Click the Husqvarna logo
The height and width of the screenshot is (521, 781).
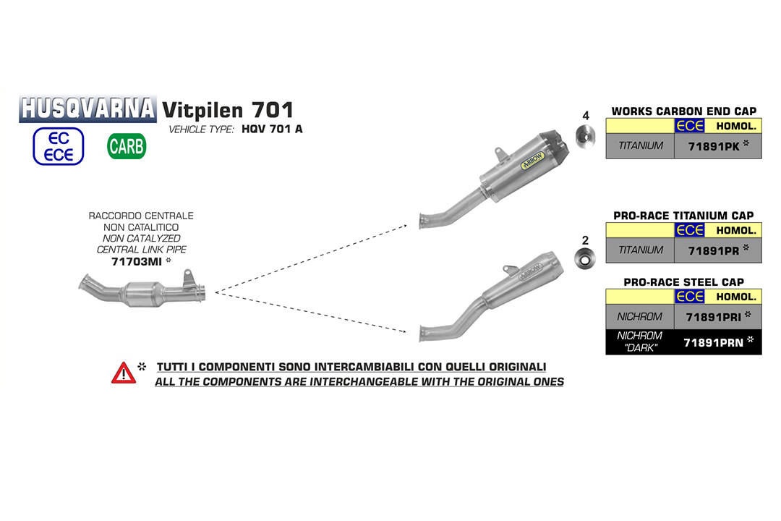point(88,109)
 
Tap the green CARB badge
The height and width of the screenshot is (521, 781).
point(127,146)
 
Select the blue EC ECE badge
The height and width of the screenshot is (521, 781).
point(59,146)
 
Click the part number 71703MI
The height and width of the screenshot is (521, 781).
point(137,262)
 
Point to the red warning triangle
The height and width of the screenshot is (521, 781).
point(124,373)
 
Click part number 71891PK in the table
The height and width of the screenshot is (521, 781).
point(714,147)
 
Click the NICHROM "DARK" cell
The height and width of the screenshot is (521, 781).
point(640,342)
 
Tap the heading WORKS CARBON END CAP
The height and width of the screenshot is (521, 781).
point(684,111)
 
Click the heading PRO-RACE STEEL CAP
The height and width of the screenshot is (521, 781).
point(684,282)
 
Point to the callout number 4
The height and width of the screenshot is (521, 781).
point(586,116)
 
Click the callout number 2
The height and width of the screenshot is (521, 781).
point(585,240)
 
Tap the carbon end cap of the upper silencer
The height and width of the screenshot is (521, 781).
point(555,146)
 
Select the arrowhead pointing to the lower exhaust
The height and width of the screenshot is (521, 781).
point(403,330)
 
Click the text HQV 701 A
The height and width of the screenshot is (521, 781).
point(272,129)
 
